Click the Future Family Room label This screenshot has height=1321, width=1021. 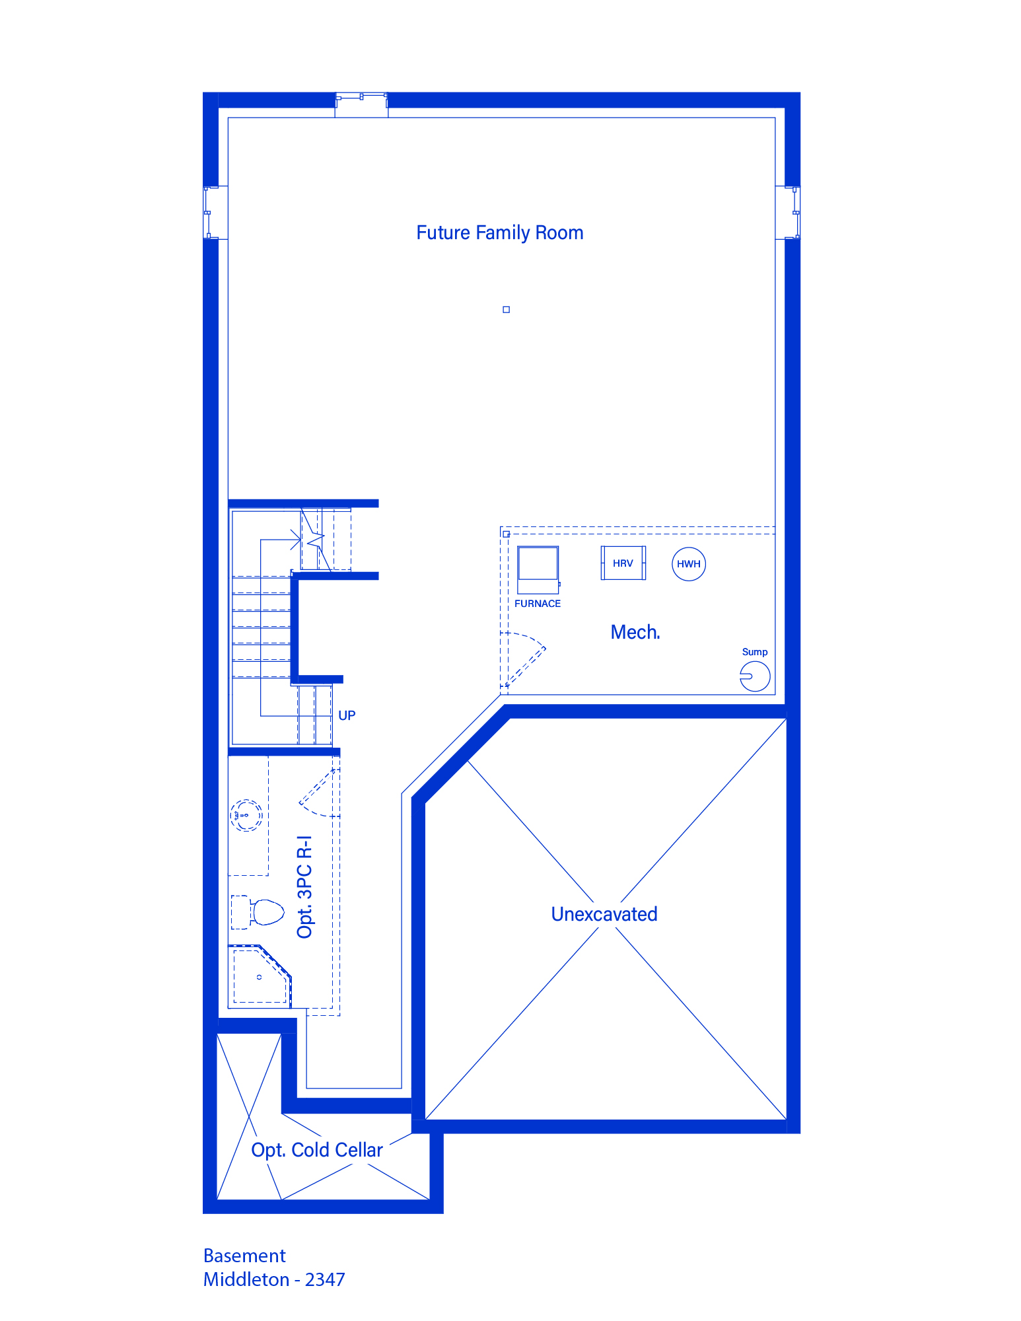tap(500, 233)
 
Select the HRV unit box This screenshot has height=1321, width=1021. tap(623, 563)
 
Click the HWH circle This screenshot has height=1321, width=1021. tap(689, 564)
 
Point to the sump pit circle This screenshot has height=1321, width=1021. tap(755, 676)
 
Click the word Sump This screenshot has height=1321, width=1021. tap(755, 652)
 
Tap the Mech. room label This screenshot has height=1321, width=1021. tap(635, 632)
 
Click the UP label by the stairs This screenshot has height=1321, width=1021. tap(347, 715)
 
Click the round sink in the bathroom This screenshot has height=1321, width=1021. tap(246, 815)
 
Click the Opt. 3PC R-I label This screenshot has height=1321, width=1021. tap(304, 887)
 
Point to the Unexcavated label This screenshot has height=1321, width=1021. tap(604, 914)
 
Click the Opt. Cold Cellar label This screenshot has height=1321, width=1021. tap(317, 1150)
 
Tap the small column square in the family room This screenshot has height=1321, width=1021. tap(507, 309)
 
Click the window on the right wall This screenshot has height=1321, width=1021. tap(792, 213)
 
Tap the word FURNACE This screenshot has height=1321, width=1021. tap(538, 604)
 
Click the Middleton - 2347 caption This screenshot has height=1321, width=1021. tap(274, 1279)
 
